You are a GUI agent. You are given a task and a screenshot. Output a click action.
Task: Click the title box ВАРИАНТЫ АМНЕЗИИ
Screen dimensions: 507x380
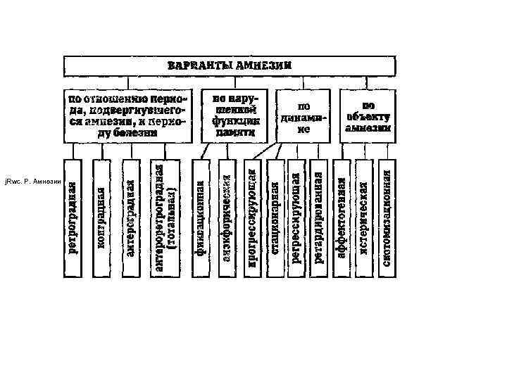click(x=229, y=66)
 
